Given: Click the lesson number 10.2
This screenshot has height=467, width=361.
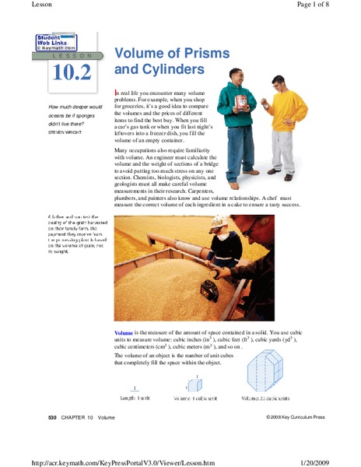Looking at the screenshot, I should click(x=72, y=72).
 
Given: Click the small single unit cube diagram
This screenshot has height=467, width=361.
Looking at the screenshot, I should click(x=195, y=384).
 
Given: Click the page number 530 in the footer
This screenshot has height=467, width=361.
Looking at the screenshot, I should click(x=53, y=418).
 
